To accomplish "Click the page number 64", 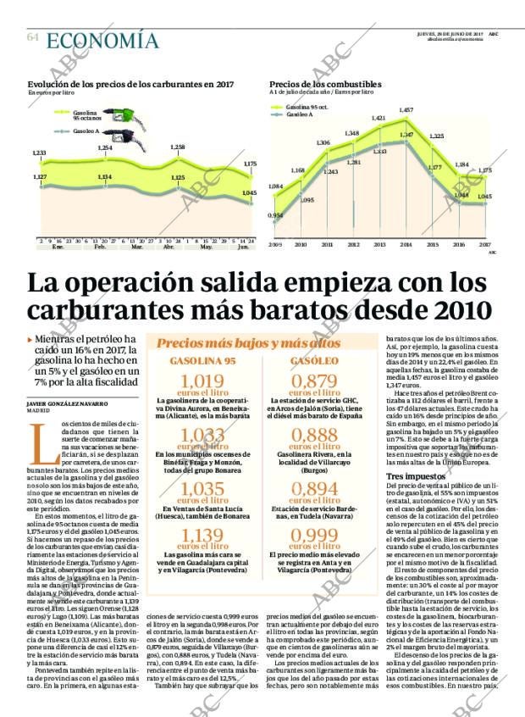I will [32, 37].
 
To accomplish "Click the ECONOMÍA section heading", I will [102, 40].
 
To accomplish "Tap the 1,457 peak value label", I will [406, 110].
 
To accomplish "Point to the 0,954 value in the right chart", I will [275, 215].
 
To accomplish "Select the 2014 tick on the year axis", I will [406, 244].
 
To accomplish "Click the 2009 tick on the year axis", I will [275, 244].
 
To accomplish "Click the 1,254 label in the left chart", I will [104, 148].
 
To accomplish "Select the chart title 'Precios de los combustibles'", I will [325, 85].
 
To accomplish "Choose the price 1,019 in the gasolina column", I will [202, 381].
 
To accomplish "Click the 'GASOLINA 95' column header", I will [202, 361].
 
